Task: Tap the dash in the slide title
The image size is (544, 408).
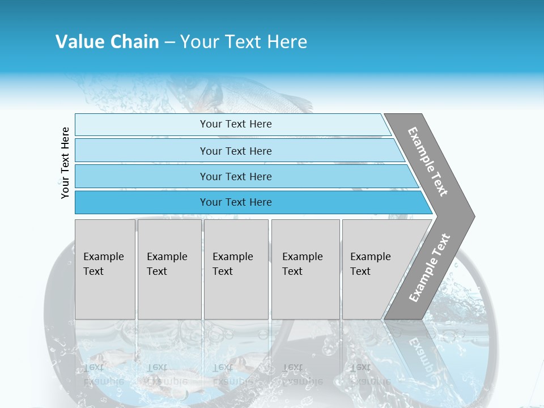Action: (169, 42)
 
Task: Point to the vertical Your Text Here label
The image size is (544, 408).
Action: (65, 163)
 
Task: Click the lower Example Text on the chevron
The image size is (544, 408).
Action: (430, 268)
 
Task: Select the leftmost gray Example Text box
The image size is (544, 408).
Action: (105, 269)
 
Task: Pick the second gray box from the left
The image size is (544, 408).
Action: (169, 269)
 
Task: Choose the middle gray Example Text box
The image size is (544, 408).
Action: (236, 269)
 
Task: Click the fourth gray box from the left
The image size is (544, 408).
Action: (305, 269)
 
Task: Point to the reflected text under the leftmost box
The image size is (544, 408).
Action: (103, 374)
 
